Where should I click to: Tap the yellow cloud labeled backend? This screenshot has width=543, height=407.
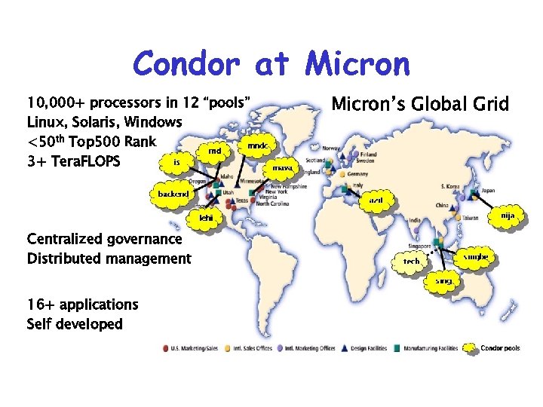(x=173, y=194)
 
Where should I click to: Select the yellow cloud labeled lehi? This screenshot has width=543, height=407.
(x=206, y=218)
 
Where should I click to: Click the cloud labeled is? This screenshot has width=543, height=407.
(x=176, y=162)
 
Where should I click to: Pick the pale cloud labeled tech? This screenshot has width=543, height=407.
(x=411, y=261)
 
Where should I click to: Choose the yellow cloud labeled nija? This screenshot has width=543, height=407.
(x=508, y=216)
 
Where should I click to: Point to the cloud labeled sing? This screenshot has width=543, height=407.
(x=444, y=281)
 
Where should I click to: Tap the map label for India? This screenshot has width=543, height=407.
(x=415, y=220)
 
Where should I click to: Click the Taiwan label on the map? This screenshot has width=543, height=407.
(x=470, y=218)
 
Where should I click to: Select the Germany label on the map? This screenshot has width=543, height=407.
(x=358, y=174)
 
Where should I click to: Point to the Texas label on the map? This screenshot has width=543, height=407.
(x=241, y=200)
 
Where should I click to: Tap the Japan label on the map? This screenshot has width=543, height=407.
(x=488, y=190)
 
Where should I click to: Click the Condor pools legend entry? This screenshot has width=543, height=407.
(x=499, y=348)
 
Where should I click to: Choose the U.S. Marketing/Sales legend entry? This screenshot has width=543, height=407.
(x=195, y=348)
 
